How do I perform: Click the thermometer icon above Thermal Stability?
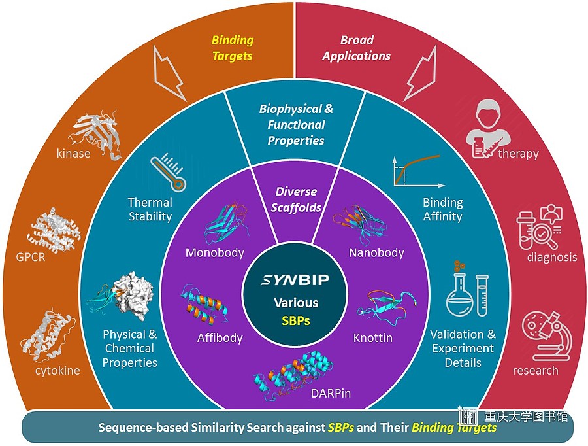[169, 173]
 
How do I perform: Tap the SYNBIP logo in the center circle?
[295, 280]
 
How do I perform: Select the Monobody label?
[215, 252]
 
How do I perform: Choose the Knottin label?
[373, 338]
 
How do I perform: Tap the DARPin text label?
[331, 394]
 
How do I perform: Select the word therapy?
[518, 154]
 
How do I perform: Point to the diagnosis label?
[552, 257]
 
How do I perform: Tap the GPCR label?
[30, 257]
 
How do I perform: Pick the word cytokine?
[57, 371]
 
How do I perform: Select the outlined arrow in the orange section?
[170, 73]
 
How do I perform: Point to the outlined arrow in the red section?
[420, 73]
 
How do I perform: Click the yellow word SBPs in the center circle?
[296, 320]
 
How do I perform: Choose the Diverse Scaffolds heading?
[296, 199]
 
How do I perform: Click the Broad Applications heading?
[356, 48]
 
